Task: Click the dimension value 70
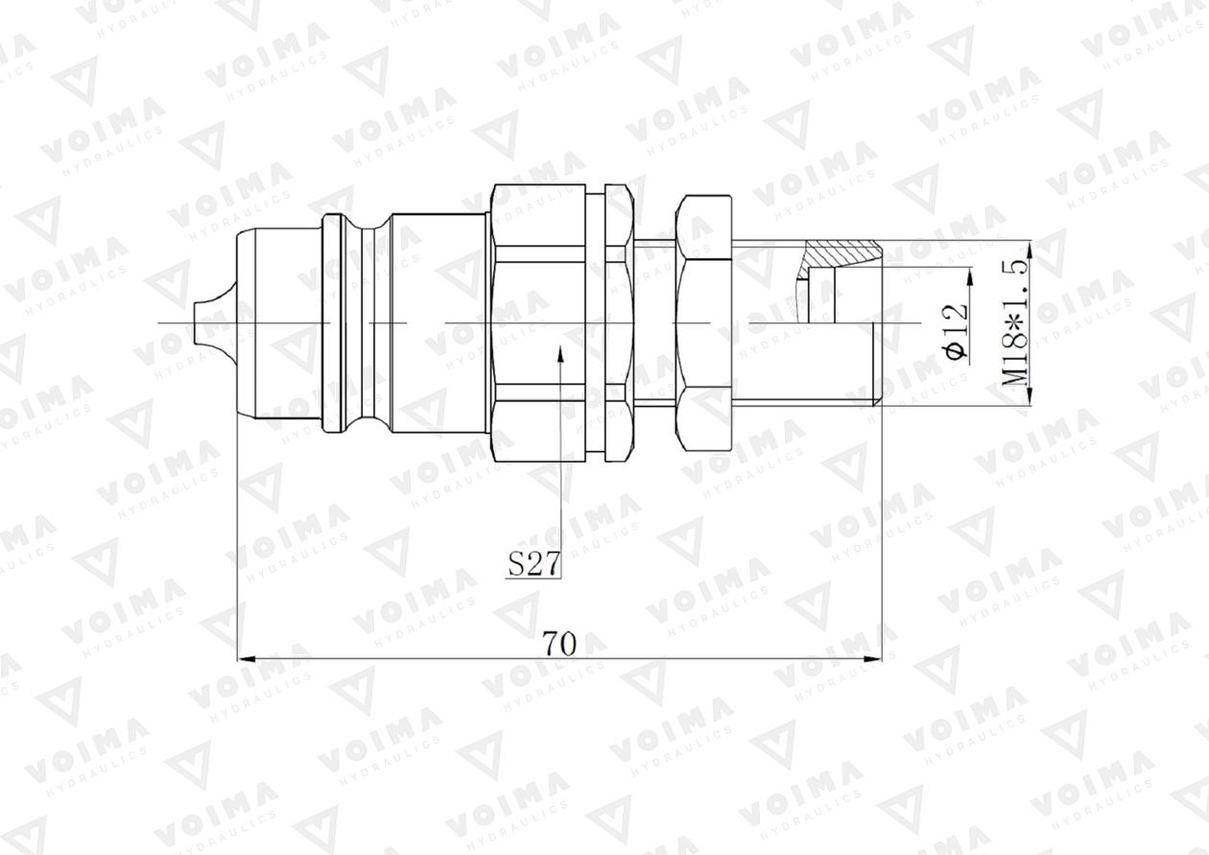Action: [x=558, y=643]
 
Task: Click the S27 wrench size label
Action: [x=533, y=565]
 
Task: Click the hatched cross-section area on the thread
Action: [x=842, y=255]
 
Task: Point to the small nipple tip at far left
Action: [x=204, y=321]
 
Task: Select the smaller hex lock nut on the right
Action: [x=703, y=321]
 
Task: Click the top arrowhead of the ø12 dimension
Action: [x=969, y=275]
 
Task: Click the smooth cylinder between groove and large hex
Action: [x=437, y=321]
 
